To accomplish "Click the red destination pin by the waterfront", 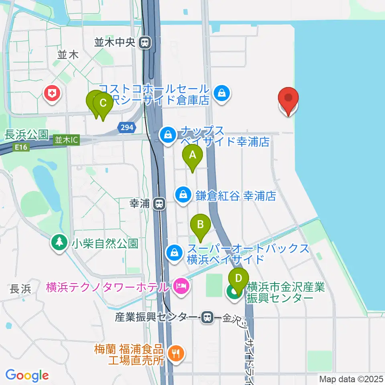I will pyautogui.click(x=289, y=100).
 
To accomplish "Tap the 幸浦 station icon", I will pyautogui.click(x=160, y=204).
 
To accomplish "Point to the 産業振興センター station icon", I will pyautogui.click(x=207, y=317).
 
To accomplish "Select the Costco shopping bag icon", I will pyautogui.click(x=221, y=93).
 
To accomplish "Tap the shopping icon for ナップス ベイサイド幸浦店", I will pyautogui.click(x=168, y=135).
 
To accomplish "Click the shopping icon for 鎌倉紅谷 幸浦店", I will pyautogui.click(x=183, y=195).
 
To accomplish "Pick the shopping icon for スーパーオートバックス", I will pyautogui.click(x=174, y=253).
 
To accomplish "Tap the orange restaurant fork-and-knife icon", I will pyautogui.click(x=175, y=353).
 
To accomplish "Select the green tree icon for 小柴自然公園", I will pyautogui.click(x=60, y=242).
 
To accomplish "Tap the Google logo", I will pyautogui.click(x=27, y=375).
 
